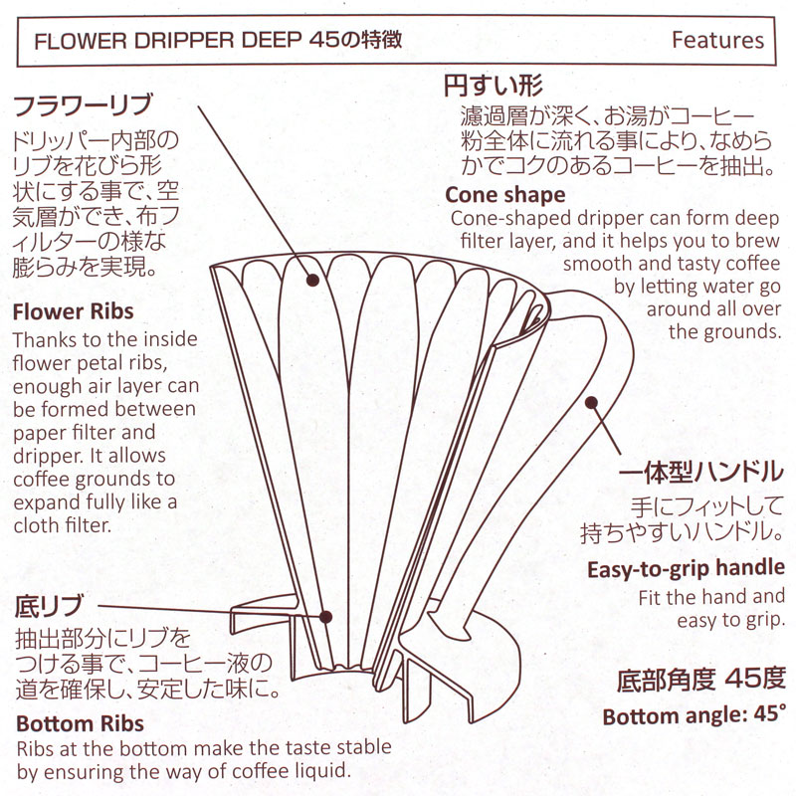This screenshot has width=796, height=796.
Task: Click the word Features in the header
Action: tap(717, 40)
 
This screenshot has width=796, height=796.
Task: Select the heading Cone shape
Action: tap(504, 194)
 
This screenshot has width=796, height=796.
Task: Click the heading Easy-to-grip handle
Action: tap(686, 570)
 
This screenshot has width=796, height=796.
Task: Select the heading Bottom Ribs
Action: tap(80, 723)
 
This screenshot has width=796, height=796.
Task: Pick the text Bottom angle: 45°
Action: tap(694, 715)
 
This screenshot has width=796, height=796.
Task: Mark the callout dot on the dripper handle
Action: tap(591, 403)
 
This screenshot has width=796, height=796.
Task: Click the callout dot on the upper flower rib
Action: tap(312, 281)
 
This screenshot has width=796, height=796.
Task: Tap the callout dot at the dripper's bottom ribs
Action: tap(326, 617)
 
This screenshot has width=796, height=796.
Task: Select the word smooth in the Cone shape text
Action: tap(595, 264)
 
